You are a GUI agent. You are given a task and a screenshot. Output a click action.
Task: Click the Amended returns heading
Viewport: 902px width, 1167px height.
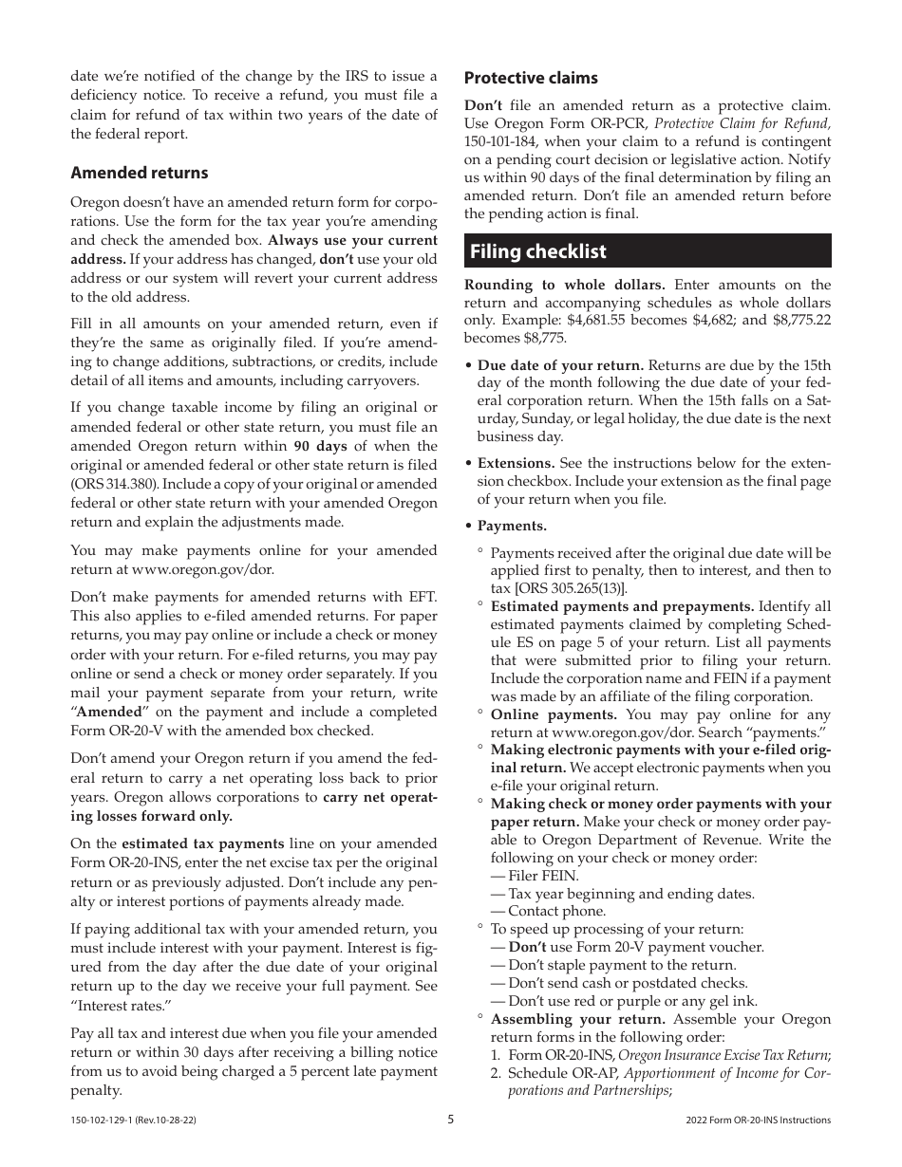pyautogui.click(x=139, y=173)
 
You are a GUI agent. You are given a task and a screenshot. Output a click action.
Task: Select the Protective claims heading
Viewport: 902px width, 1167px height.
pyautogui.click(x=531, y=78)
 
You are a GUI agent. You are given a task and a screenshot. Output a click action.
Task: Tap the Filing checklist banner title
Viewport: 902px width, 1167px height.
pyautogui.click(x=537, y=251)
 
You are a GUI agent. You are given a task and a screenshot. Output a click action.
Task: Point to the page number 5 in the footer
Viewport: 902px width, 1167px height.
pyautogui.click(x=451, y=1120)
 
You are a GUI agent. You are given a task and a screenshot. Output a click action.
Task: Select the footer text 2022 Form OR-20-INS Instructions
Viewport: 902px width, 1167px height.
pyautogui.click(x=758, y=1121)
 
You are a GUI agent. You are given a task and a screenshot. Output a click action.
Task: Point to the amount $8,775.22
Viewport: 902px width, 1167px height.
pyautogui.click(x=802, y=321)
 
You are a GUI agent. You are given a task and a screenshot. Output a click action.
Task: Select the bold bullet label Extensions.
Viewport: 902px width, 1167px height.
pyautogui.click(x=516, y=463)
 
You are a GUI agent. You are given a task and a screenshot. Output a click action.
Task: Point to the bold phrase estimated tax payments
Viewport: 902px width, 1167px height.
pyautogui.click(x=202, y=843)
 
